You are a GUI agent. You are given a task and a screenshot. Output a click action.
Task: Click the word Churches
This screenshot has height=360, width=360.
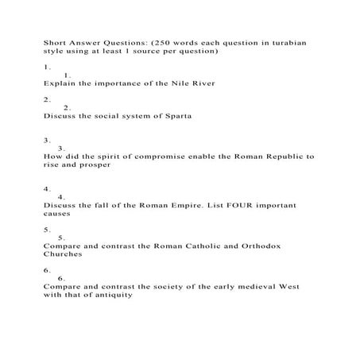coord(63,256)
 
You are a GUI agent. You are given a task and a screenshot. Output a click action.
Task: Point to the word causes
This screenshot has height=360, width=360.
coord(57,214)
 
